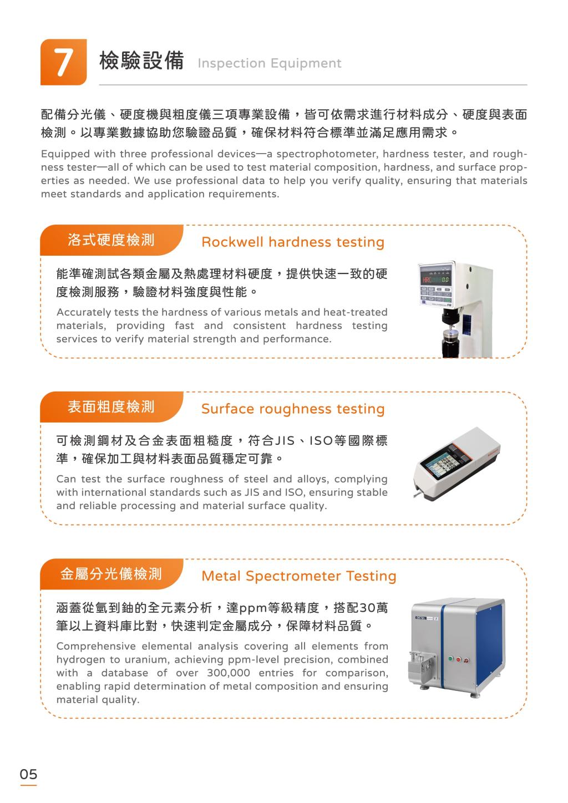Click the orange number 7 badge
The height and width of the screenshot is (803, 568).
click(x=63, y=62)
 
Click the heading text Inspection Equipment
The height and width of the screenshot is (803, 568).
click(x=269, y=63)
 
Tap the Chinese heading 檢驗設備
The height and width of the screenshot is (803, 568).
click(x=141, y=60)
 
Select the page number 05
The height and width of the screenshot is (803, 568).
click(x=28, y=774)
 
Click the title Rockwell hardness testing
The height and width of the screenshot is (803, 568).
click(x=293, y=242)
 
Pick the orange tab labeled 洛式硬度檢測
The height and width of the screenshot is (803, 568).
click(x=111, y=240)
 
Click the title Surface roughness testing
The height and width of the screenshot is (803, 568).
click(x=293, y=409)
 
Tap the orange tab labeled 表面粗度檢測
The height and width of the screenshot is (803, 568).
click(x=111, y=406)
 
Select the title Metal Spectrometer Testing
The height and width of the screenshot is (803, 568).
click(x=299, y=576)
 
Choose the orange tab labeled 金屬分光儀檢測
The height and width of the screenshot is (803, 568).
click(x=111, y=574)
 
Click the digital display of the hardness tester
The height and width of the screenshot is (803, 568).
click(x=435, y=279)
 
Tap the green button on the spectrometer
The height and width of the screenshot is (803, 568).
click(x=452, y=659)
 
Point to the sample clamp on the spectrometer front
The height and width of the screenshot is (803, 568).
click(x=423, y=667)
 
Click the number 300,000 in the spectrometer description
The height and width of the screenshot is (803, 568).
click(x=229, y=673)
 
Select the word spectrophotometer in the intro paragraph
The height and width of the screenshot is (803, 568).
click(x=326, y=154)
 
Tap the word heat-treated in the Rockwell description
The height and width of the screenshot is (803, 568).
click(x=355, y=312)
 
